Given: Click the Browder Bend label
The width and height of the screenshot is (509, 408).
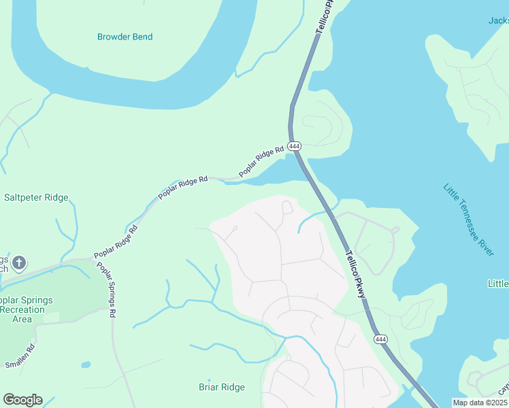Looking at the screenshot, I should point(125,37).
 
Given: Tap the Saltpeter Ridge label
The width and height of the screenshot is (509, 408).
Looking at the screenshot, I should point(36,198).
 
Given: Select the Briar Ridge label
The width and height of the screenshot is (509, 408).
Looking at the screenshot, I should point(221,388).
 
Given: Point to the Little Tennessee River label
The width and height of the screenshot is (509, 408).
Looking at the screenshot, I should point(468,220).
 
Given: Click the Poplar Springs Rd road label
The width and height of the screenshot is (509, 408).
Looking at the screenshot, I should point(107,290).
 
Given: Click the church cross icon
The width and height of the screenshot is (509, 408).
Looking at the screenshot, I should point(19,262).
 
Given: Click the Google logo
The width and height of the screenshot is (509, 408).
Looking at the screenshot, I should point(22,400).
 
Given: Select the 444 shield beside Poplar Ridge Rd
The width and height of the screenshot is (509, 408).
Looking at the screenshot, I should point(294,146).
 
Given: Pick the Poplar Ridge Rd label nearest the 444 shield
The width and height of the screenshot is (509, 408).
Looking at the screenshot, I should point(261,161).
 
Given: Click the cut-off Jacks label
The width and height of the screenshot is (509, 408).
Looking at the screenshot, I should point(498,20).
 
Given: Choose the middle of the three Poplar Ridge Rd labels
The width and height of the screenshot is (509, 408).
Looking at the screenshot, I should point(182,188).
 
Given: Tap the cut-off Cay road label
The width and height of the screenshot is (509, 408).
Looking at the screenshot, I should point(504,388).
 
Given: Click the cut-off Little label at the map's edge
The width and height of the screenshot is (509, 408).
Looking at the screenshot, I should point(498,283).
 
